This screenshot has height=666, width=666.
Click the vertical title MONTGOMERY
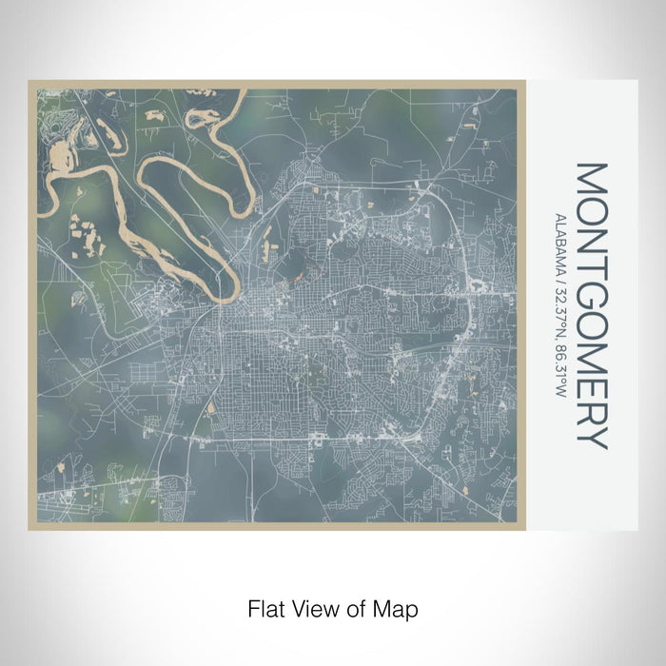pyautogui.click(x=590, y=304)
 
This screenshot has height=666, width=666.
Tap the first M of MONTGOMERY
pyautogui.click(x=590, y=179)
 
